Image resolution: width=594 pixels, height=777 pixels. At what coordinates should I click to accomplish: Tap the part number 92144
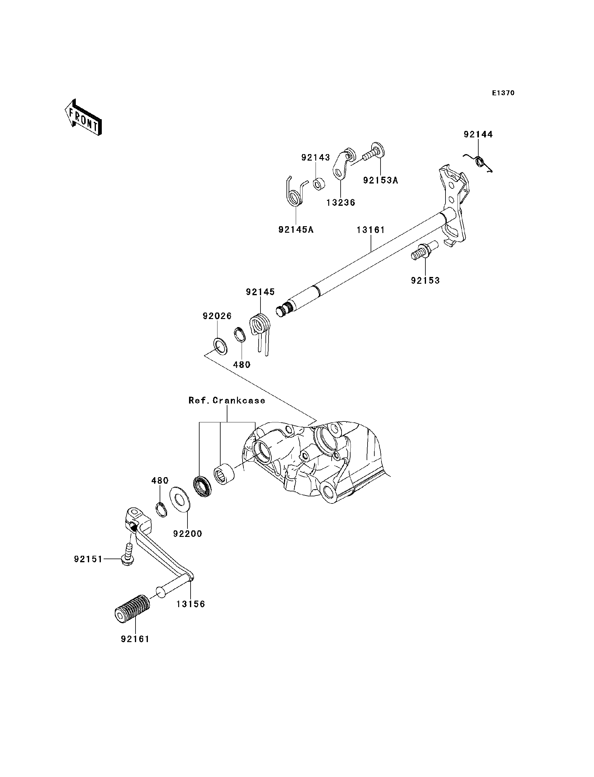(478, 134)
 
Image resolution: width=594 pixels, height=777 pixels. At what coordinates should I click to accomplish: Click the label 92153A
(381, 180)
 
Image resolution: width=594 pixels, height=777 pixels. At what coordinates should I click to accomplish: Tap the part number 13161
(370, 230)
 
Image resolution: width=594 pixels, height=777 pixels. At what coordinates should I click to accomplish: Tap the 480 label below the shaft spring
(242, 365)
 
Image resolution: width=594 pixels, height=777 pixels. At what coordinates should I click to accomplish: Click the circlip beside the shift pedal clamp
(161, 509)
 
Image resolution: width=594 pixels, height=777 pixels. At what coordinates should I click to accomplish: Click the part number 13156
(191, 604)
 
